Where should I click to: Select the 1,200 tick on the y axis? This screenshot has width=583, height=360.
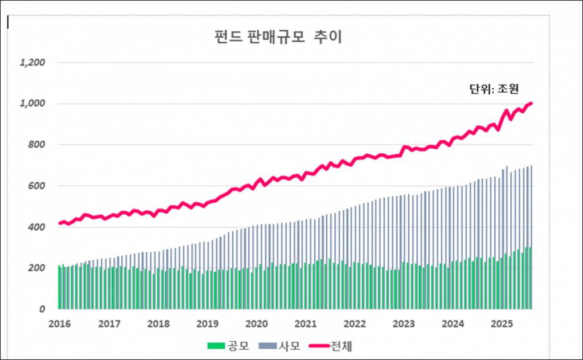coord(32,62)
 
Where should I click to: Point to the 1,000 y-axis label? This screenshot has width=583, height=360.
coord(32,104)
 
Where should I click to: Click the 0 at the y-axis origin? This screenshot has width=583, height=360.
coord(41,309)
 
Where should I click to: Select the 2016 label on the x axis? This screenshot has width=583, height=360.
coord(59,324)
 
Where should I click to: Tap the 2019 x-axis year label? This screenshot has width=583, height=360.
coord(207,324)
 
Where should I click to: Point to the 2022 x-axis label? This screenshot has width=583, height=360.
coord(355,324)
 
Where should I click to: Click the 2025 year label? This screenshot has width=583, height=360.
coord(502,324)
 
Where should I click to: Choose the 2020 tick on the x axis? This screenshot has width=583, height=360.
coord(256,324)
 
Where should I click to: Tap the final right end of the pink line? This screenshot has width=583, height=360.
coord(531,103)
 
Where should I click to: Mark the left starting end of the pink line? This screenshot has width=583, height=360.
coord(60,223)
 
